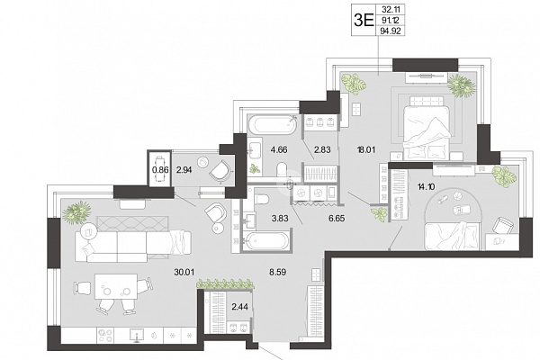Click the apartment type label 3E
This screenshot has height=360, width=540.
[364, 21]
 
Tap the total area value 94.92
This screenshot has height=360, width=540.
[391, 31]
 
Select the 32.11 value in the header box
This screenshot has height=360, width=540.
[391, 9]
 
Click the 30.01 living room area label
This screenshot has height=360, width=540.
[184, 272]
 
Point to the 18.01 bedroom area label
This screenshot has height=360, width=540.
[366, 150]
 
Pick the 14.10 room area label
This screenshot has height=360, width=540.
[426, 187]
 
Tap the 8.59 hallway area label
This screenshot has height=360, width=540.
[277, 272]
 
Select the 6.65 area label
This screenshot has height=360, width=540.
[337, 219]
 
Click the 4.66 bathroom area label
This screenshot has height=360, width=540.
[279, 150]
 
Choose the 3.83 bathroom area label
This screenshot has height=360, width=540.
[280, 219]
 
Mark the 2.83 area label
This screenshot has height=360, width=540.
[322, 150]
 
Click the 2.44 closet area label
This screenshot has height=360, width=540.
[239, 306]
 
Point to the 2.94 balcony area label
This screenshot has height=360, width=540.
[184, 169]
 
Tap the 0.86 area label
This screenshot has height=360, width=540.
[160, 169]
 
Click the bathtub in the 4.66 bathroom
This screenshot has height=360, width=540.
[273, 125]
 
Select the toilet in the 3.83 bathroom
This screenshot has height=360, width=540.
[263, 199]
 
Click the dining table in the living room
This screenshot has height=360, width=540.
[116, 286]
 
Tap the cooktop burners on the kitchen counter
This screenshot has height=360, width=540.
[105, 335]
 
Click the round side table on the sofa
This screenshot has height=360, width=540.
[89, 231]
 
